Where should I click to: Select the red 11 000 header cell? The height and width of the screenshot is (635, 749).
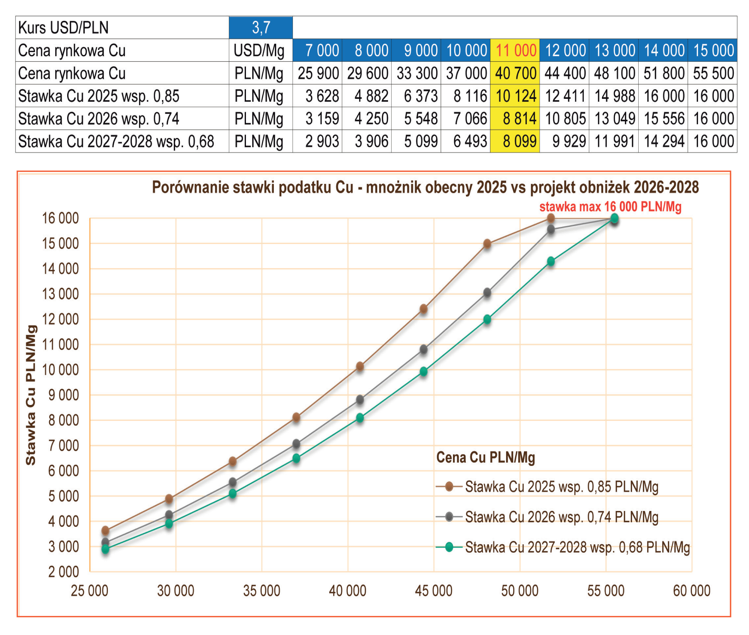[515, 50]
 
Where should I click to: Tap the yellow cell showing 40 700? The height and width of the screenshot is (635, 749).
[515, 73]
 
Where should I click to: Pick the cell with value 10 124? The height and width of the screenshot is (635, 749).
[515, 96]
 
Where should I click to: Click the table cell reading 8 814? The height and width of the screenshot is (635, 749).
[515, 118]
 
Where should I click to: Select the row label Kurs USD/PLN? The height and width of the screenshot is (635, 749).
[63, 28]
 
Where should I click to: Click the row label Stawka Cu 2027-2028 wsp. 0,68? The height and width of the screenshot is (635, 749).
[116, 141]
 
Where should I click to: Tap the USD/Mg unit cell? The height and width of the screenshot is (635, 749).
[259, 50]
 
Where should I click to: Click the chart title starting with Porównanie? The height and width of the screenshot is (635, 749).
[425, 187]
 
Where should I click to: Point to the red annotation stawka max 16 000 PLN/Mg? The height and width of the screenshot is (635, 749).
[610, 207]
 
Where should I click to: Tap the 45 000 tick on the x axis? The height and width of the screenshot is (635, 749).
[433, 591]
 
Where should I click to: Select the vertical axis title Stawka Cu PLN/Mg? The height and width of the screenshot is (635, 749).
[31, 395]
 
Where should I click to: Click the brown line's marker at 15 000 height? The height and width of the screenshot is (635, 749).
[487, 244]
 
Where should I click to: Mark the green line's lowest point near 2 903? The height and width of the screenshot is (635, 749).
[105, 549]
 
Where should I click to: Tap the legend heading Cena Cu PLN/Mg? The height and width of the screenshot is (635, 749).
[485, 457]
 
